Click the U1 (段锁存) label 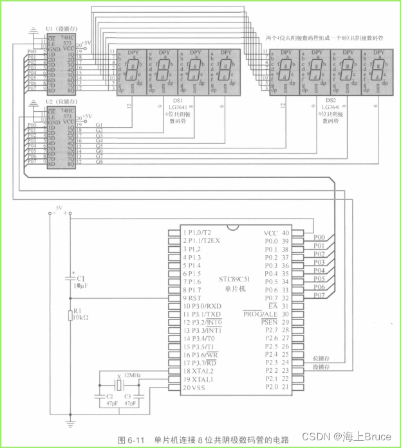click(x=59, y=30)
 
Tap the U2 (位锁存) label click(x=59, y=102)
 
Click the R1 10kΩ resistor click(x=71, y=316)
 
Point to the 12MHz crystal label click(x=133, y=374)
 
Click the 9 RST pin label click(x=192, y=298)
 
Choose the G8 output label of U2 click(x=99, y=163)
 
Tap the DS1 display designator click(x=177, y=101)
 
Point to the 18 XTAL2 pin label click(x=200, y=371)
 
